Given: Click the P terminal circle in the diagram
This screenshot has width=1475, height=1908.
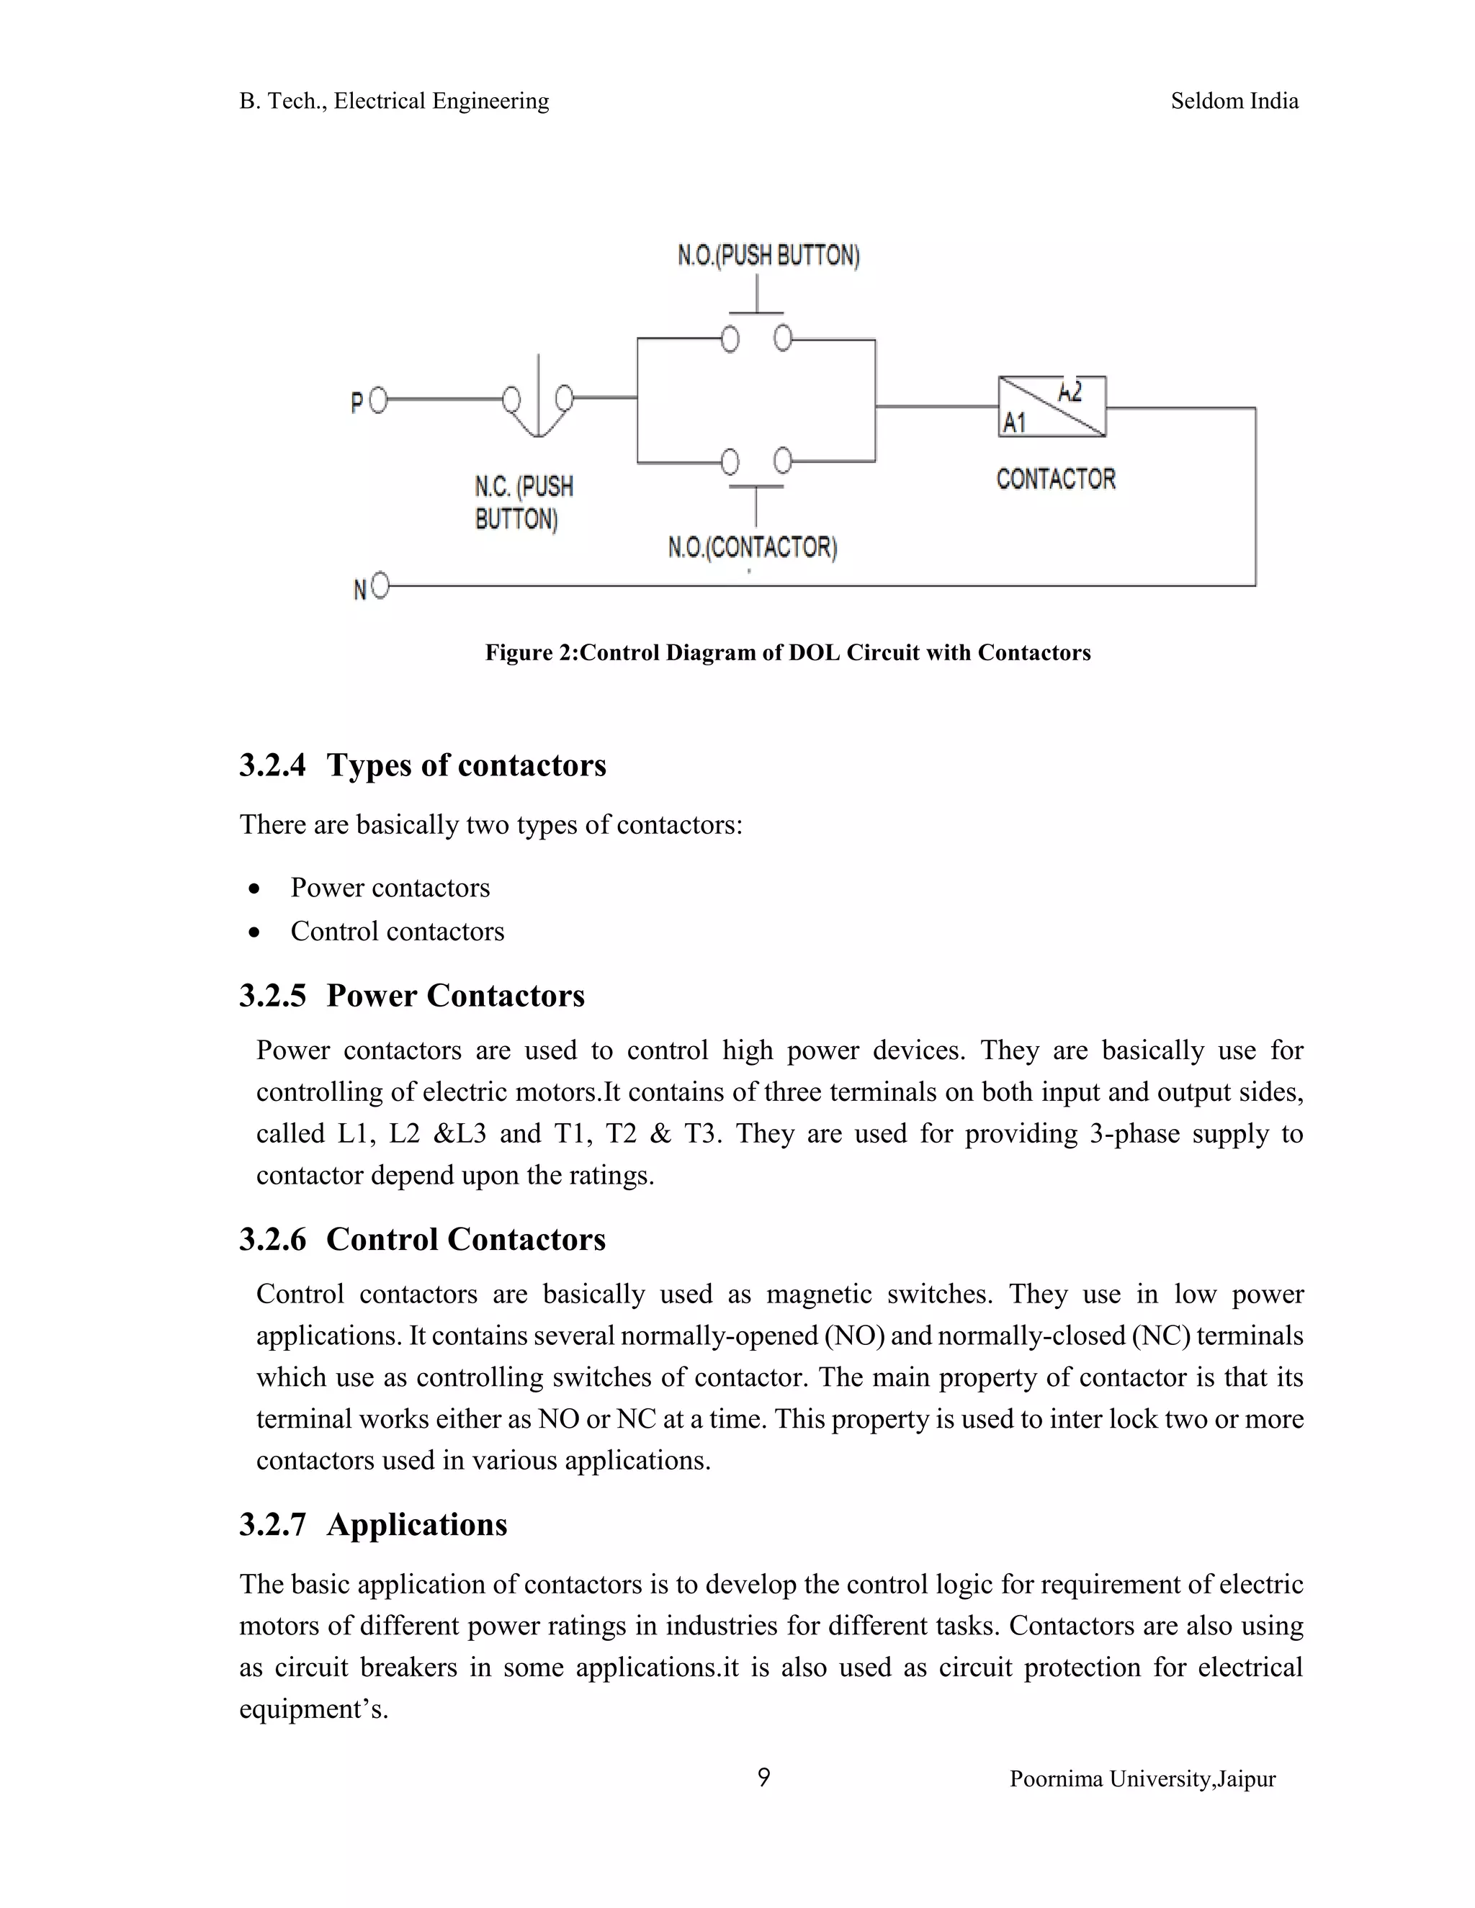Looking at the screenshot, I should pos(377,401).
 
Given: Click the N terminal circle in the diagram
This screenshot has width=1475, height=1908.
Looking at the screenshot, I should pos(380,586).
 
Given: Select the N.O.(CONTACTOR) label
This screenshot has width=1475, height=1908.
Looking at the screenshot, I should pos(753,548).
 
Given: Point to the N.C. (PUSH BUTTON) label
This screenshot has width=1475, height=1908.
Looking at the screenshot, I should pos(524,503).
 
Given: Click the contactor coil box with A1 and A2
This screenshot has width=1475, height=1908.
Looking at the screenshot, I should pos(1052,406).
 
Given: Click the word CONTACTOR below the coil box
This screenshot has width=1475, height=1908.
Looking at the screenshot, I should pos(1056,479).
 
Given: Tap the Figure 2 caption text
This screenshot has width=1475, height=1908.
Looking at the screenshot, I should pos(787,652).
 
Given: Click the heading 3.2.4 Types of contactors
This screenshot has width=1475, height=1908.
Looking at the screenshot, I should pos(423,765).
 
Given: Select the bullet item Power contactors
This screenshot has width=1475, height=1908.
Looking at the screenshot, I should pos(390,888).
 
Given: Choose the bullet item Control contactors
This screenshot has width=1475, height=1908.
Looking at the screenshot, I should pos(397,931).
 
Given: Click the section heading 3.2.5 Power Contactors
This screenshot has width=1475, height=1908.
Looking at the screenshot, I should pos(411,996).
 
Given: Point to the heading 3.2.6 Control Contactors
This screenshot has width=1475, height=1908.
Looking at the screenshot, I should pos(422,1240).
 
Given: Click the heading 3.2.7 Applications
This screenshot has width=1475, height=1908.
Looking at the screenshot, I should pos(373,1524).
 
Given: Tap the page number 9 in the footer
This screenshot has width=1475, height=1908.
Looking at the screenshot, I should pos(763,1778).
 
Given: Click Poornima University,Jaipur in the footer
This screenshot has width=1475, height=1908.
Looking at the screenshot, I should pos(1142,1778).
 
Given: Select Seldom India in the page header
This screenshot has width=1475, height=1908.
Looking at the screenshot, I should pos(1234,102).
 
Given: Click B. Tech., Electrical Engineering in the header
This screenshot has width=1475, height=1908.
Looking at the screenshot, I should pos(394,102).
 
